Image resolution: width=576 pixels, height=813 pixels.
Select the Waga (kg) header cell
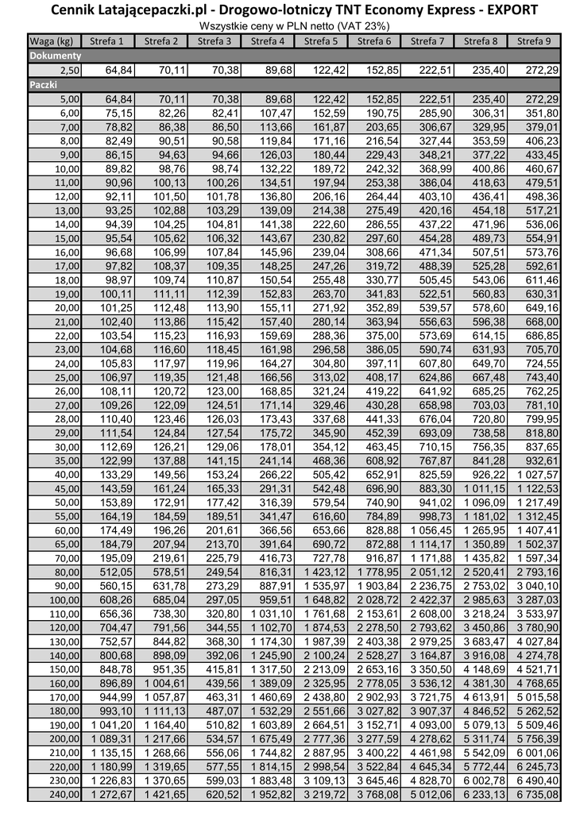point(53,41)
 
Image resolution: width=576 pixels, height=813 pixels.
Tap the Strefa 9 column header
point(534,41)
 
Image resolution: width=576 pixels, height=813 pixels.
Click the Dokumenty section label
point(56,56)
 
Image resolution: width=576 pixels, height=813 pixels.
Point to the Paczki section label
point(44,84)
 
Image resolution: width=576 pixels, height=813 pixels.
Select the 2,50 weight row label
point(68,71)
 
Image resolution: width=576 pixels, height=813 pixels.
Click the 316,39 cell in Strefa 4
point(269,503)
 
